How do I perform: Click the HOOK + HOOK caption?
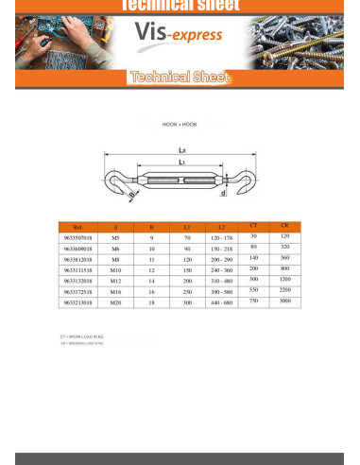click(180, 125)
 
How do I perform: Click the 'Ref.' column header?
click(77, 228)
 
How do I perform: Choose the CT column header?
click(252, 225)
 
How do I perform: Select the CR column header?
click(284, 225)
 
